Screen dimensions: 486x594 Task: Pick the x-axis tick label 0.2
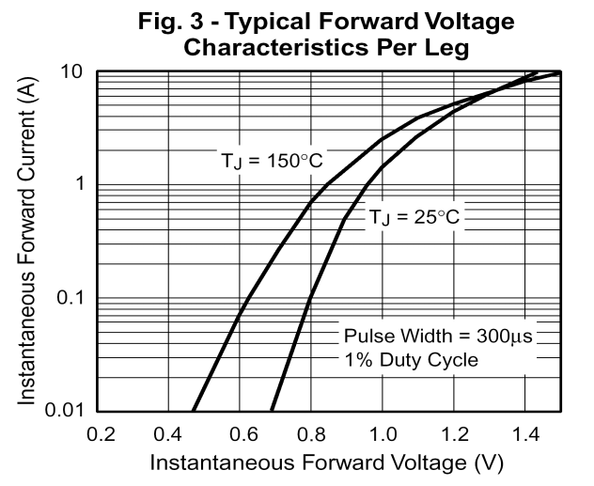[x=101, y=435]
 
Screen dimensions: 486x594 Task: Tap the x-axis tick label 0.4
[x=171, y=435]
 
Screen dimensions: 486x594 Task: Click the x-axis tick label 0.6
[x=242, y=435]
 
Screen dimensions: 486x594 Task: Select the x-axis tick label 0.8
[x=312, y=435]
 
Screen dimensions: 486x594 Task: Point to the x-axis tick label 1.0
[x=383, y=435]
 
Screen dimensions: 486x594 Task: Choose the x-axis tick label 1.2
[x=453, y=435]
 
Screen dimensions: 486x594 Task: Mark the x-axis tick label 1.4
[x=524, y=435]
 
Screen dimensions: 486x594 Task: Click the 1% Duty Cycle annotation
[x=412, y=360]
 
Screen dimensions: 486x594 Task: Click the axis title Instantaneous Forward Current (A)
[x=28, y=243]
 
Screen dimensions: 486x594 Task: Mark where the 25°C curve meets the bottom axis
[x=272, y=411]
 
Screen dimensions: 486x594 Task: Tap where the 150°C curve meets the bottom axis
[x=193, y=411]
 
